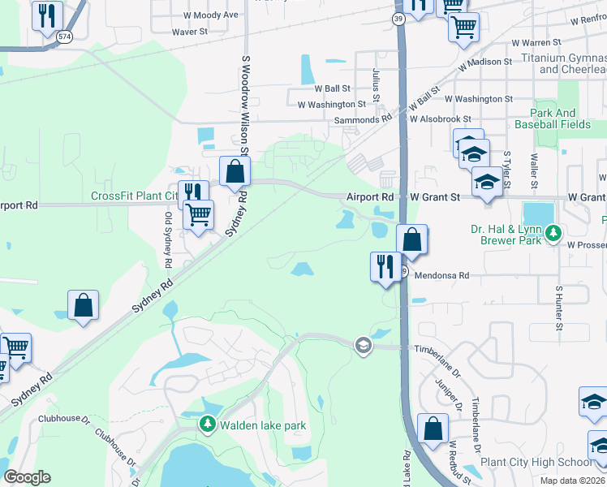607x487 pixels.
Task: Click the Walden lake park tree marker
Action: (x=209, y=425)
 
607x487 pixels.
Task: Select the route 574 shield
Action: (x=65, y=37)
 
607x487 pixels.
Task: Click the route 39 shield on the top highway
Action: (x=398, y=18)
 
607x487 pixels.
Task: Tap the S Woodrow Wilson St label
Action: (x=244, y=106)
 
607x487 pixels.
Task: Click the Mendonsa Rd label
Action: (x=442, y=275)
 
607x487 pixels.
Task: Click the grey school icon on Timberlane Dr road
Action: (x=363, y=346)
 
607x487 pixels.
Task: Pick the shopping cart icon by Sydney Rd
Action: (x=199, y=216)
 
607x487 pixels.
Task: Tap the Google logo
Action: (x=27, y=476)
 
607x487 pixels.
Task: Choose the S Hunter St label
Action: (x=559, y=308)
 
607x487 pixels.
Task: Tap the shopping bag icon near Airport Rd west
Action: (x=235, y=171)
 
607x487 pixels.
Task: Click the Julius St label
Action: (x=376, y=85)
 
